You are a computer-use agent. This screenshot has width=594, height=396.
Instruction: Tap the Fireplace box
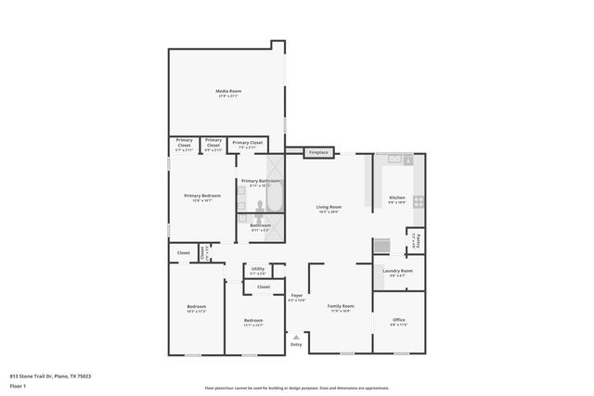coord(317,152)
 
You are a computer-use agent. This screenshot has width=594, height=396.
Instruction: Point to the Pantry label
coord(417,242)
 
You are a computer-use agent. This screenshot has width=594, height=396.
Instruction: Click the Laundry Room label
coord(397,273)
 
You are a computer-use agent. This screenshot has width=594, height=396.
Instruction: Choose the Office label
coord(398,322)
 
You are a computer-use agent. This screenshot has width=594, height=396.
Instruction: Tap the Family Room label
coord(341,308)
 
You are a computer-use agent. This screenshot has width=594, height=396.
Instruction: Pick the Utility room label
coord(257,271)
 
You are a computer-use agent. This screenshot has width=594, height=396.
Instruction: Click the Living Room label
coord(329,209)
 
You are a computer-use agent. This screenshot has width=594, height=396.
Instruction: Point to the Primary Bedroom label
coord(201,198)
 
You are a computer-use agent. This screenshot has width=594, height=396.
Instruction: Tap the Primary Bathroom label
coord(260,182)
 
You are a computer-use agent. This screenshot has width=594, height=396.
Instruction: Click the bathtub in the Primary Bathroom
coord(273,198)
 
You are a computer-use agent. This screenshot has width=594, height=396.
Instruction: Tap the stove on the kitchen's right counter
coord(419,200)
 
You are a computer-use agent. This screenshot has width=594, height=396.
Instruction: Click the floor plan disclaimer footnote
coord(297,388)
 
